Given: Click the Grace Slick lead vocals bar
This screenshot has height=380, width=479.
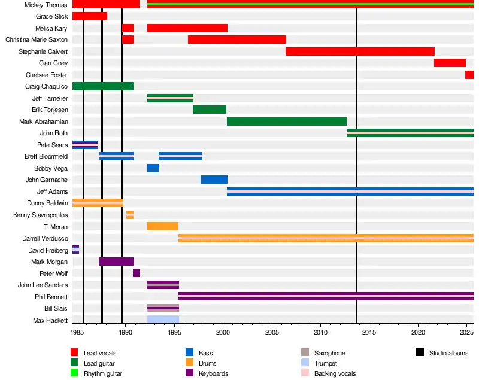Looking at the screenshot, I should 89,16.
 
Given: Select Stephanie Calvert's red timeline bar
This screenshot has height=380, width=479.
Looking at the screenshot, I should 360,51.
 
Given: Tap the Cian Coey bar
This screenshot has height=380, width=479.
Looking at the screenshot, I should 450,63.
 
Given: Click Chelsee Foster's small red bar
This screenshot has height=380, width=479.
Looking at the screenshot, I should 469,75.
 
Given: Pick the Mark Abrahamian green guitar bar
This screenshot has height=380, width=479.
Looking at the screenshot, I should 287,121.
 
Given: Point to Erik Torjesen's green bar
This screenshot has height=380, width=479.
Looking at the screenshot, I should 209,110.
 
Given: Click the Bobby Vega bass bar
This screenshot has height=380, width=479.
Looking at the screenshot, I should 153,168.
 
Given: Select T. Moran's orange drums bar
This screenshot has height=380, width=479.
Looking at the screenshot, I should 163,226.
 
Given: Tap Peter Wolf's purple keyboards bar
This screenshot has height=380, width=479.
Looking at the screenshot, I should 136,273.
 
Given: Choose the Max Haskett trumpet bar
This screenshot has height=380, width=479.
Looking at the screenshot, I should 163,320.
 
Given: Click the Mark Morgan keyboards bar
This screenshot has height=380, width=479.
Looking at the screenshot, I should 116,262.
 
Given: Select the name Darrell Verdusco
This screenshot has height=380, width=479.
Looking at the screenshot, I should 45,238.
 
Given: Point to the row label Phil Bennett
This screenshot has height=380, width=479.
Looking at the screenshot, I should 51,297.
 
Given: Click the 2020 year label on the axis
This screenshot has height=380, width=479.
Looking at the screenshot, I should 418,331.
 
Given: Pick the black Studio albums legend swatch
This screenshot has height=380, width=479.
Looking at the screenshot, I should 420,353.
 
